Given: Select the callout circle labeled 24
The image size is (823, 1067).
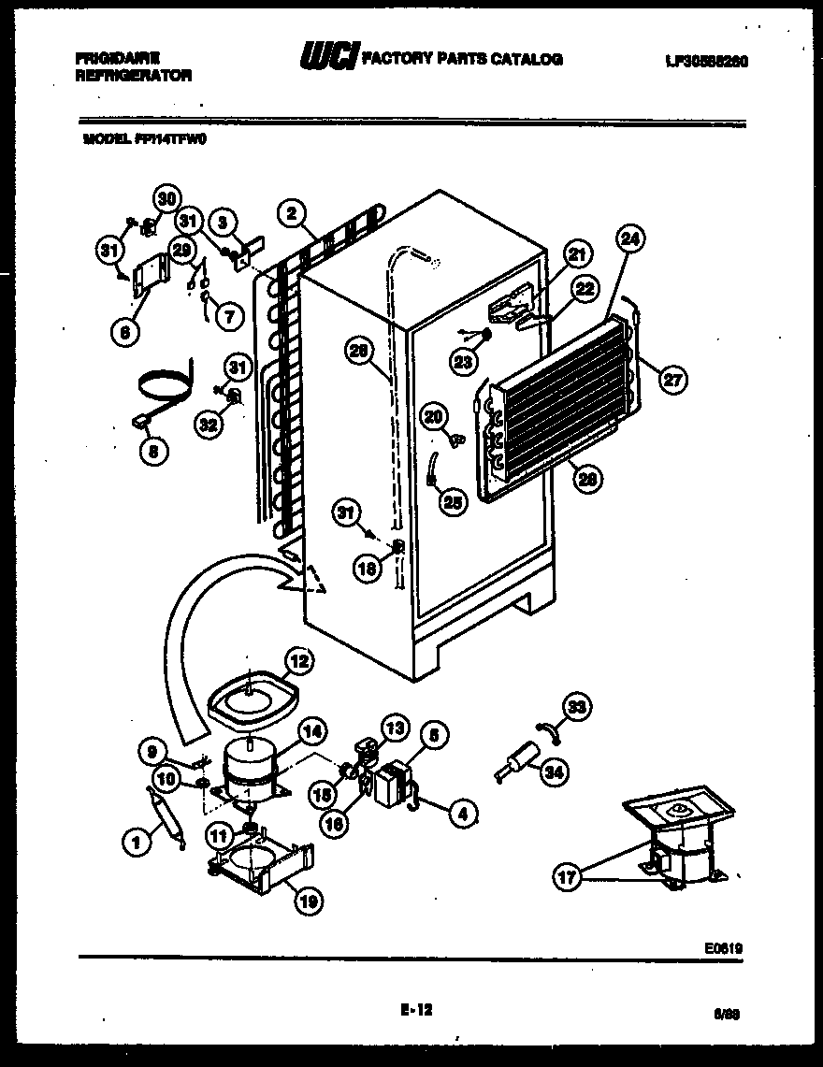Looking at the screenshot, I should (x=630, y=240).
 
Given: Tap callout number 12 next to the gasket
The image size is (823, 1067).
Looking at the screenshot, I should (x=297, y=661).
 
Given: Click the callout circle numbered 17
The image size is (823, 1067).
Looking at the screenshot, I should (x=566, y=877).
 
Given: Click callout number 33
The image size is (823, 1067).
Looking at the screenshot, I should (x=579, y=707).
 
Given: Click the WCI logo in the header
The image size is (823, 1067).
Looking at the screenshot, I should (x=325, y=59).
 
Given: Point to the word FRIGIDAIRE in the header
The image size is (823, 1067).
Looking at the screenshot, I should (x=111, y=58).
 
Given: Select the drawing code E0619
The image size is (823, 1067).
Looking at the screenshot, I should (x=726, y=947).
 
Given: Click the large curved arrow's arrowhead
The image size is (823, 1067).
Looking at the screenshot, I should (x=305, y=581).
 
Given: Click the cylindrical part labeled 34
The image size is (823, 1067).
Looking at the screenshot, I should (x=517, y=759).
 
